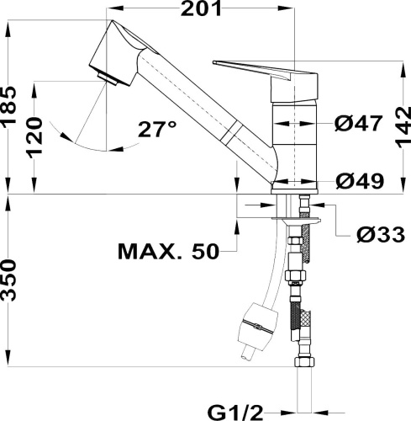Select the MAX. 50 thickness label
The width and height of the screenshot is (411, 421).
tap(168, 250)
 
